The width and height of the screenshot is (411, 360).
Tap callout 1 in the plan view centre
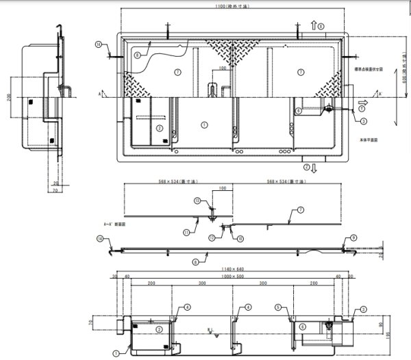coord(203,125)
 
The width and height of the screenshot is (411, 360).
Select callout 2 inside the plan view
coord(159,127)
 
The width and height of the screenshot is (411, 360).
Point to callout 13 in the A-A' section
coord(197,201)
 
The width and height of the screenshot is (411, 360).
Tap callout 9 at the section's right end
coord(353,237)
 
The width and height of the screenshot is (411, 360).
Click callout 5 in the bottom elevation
coord(277,307)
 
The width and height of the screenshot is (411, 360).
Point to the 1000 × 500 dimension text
coord(234,277)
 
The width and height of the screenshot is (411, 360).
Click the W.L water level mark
coord(210,331)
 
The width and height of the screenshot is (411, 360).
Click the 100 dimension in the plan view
coord(222,68)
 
